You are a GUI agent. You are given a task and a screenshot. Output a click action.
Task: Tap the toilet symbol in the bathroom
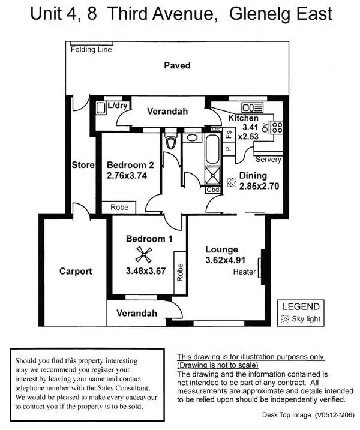pos(170,142)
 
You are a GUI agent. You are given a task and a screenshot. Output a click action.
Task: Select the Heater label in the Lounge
pos(245,272)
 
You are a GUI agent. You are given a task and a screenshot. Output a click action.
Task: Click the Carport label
pos(76,271)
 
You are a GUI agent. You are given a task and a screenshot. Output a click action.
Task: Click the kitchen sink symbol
pos(248,107)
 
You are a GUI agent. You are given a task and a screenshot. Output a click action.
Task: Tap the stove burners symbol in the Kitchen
pos(277,127)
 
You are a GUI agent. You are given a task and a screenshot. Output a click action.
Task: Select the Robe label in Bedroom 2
pos(118,207)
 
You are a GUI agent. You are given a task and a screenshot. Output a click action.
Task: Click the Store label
pos(83,165)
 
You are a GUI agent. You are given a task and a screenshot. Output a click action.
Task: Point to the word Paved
pos(177,65)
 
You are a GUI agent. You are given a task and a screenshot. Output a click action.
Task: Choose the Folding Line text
pos(91,49)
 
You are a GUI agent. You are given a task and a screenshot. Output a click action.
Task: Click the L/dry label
pos(118,106)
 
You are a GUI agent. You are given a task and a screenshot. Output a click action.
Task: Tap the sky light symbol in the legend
pos(285,319)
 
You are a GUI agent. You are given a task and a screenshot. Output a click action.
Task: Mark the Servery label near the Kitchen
pos(268,160)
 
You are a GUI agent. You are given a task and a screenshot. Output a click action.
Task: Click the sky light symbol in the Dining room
pos(231,182)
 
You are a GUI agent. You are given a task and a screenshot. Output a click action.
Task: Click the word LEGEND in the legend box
pos(301,306)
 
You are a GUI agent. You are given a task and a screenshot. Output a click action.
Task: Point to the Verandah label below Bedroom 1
pos(137,313)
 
